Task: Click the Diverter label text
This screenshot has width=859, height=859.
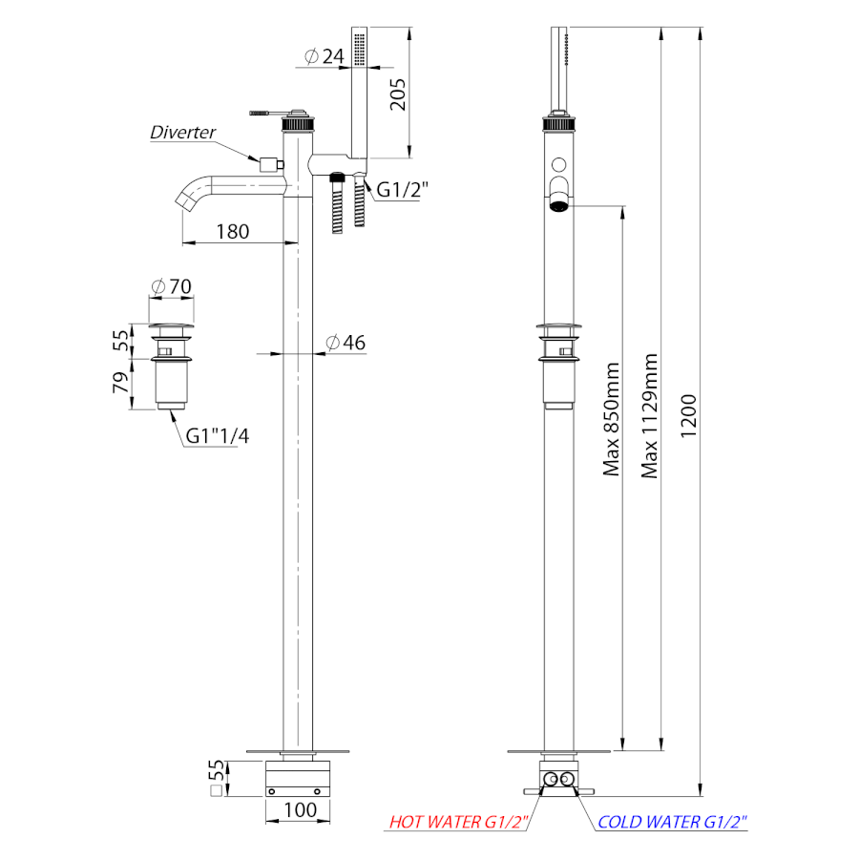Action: click(x=183, y=132)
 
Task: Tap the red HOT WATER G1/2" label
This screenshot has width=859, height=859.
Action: click(x=458, y=822)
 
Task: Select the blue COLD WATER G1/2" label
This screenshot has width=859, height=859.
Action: click(x=672, y=822)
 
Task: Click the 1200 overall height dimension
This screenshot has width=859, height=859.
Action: click(x=688, y=416)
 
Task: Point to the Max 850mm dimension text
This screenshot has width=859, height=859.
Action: click(x=611, y=419)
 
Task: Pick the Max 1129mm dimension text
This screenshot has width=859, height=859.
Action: click(x=649, y=416)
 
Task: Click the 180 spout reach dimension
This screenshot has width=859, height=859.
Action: click(x=232, y=232)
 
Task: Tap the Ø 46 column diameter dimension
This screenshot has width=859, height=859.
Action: click(x=346, y=343)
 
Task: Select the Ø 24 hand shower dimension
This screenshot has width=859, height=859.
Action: click(x=324, y=56)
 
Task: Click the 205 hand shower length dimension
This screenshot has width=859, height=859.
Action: click(x=398, y=94)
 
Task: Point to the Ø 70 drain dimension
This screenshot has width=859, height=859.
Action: click(x=172, y=286)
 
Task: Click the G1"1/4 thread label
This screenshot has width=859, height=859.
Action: click(x=218, y=436)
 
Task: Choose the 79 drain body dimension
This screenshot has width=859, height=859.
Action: click(x=120, y=383)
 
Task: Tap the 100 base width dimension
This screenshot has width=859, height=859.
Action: click(x=300, y=809)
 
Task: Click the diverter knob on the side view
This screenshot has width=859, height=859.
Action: click(x=272, y=164)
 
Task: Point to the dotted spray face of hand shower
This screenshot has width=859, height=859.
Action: click(x=360, y=50)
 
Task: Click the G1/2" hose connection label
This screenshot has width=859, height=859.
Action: click(x=402, y=190)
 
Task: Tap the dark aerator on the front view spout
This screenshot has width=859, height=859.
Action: click(x=558, y=206)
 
